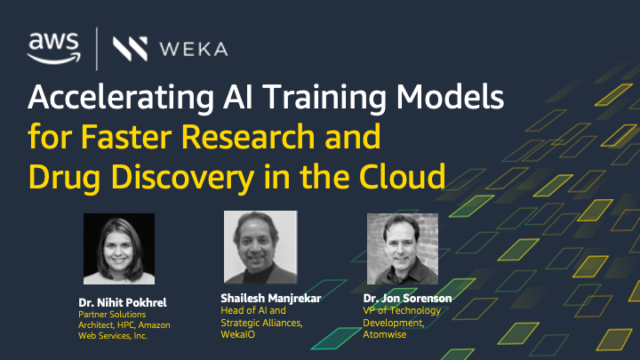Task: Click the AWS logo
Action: coord(54,48)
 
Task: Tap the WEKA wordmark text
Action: coord(194,49)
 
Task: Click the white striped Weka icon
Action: coord(130,49)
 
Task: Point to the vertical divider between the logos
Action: coord(97,49)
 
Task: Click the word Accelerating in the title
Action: coord(121,98)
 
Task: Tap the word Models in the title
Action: coord(450,97)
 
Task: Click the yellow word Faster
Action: coord(126,136)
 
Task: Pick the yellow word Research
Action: coord(248,136)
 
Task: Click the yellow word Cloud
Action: coord(402,176)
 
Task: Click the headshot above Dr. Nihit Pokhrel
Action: coord(119,249)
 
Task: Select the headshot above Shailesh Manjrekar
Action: coord(260,247)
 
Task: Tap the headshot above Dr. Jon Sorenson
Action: coord(403,249)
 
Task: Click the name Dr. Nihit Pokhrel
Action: coord(123,303)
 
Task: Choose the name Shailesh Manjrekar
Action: coord(271,299)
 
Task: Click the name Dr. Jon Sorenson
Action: coord(407,299)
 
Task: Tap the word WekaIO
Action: coord(238,334)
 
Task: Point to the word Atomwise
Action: coord(385,334)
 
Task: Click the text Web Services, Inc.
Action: coord(113,336)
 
